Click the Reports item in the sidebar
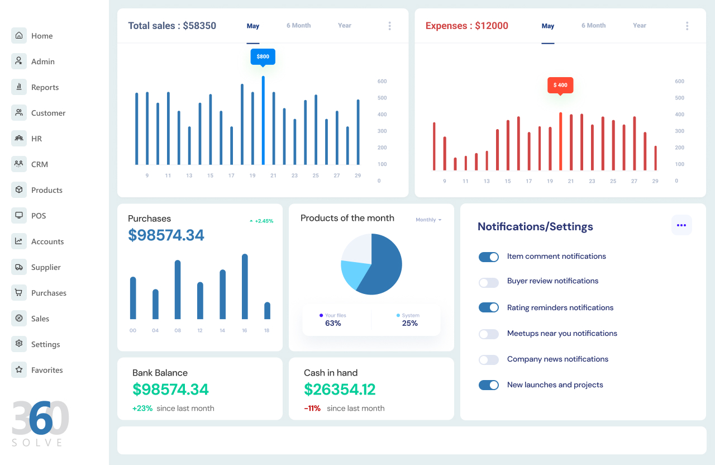[x=45, y=87]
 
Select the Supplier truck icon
[x=19, y=267]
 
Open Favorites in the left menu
[x=47, y=370]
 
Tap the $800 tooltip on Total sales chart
[x=263, y=56]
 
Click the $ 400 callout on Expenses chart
[x=560, y=85]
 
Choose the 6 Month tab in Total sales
[x=298, y=26]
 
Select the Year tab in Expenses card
[x=640, y=26]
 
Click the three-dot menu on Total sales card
[x=389, y=26]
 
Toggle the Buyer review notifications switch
[x=489, y=283]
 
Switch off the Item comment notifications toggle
[x=489, y=257]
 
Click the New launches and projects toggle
[x=489, y=385]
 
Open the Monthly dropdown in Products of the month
[x=428, y=220]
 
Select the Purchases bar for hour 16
[x=245, y=286]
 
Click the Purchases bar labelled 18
[x=267, y=310]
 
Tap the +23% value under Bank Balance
[x=142, y=409]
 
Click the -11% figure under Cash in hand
[x=312, y=409]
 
